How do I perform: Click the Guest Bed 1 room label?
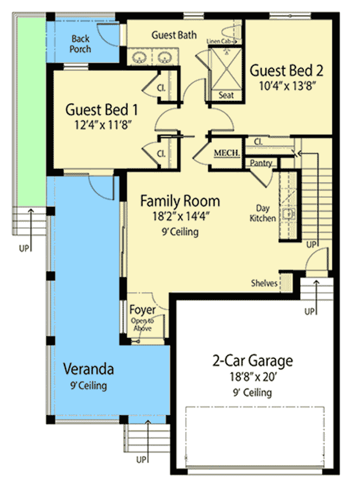[101, 110]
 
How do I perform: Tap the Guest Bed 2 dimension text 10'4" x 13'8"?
[287, 86]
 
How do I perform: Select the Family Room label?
[180, 201]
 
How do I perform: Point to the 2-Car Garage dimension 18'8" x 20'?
[253, 376]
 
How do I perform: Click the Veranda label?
[89, 369]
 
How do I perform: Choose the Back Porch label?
[80, 44]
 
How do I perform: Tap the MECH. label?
[227, 153]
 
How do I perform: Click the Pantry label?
[261, 163]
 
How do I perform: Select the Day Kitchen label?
[263, 213]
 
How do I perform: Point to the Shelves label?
[264, 283]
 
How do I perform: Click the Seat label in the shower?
[226, 95]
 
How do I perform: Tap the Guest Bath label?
[174, 35]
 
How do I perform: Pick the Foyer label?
[142, 310]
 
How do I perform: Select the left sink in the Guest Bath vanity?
[139, 57]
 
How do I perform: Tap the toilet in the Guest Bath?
[230, 32]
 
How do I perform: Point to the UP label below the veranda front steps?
[141, 459]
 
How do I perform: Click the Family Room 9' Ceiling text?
[180, 232]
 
